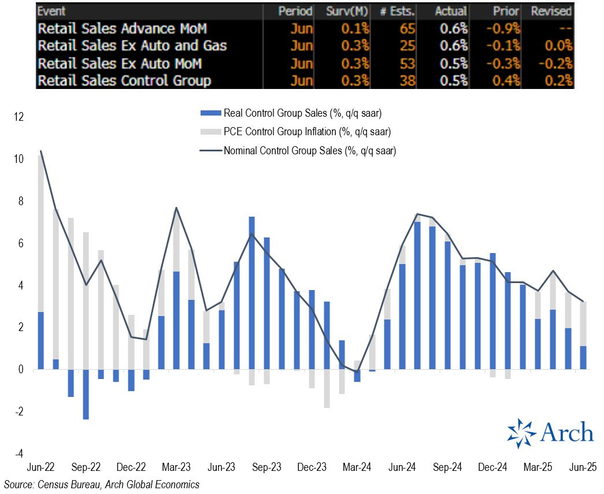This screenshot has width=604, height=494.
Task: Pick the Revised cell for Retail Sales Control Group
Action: (x=559, y=80)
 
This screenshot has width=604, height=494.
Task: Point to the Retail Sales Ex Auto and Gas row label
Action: (x=132, y=45)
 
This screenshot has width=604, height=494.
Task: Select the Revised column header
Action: (x=551, y=11)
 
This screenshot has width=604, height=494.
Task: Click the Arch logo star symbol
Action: (x=522, y=433)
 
